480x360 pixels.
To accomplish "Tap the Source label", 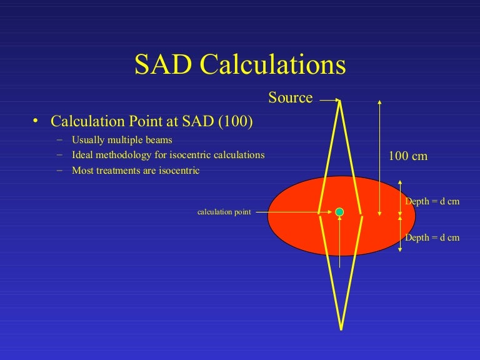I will [x=290, y=97].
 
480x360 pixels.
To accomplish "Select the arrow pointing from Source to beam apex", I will [x=329, y=99].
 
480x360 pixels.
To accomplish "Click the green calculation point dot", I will [x=339, y=212].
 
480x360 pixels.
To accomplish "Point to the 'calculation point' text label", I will [x=224, y=212].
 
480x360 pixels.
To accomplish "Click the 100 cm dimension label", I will [x=408, y=156].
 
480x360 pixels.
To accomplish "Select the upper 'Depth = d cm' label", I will [x=432, y=201].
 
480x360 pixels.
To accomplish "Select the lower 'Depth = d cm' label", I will [x=432, y=237].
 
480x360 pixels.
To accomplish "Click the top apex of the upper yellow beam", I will [x=340, y=102].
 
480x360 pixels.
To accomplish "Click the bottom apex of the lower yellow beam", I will [x=341, y=327].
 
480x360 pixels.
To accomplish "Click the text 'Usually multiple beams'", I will [x=122, y=140].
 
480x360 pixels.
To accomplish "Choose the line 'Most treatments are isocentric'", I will [x=136, y=170].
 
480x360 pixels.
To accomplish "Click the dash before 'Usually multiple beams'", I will [x=59, y=140].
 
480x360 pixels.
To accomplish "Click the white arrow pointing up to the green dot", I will [x=339, y=244].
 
